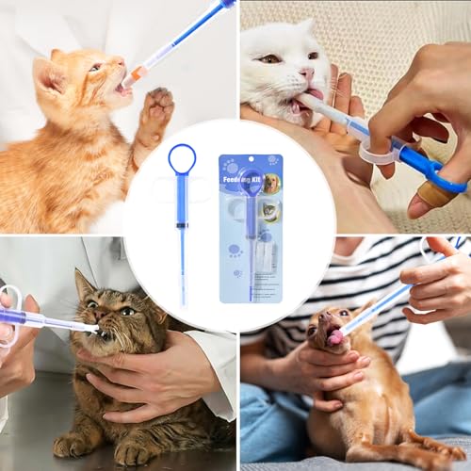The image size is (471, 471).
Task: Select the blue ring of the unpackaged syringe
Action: coord(182,158)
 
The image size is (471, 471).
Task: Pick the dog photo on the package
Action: coord(271,183)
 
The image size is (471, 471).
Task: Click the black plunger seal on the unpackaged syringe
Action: coord(182,223)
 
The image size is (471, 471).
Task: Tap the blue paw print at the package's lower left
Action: coord(234,250)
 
